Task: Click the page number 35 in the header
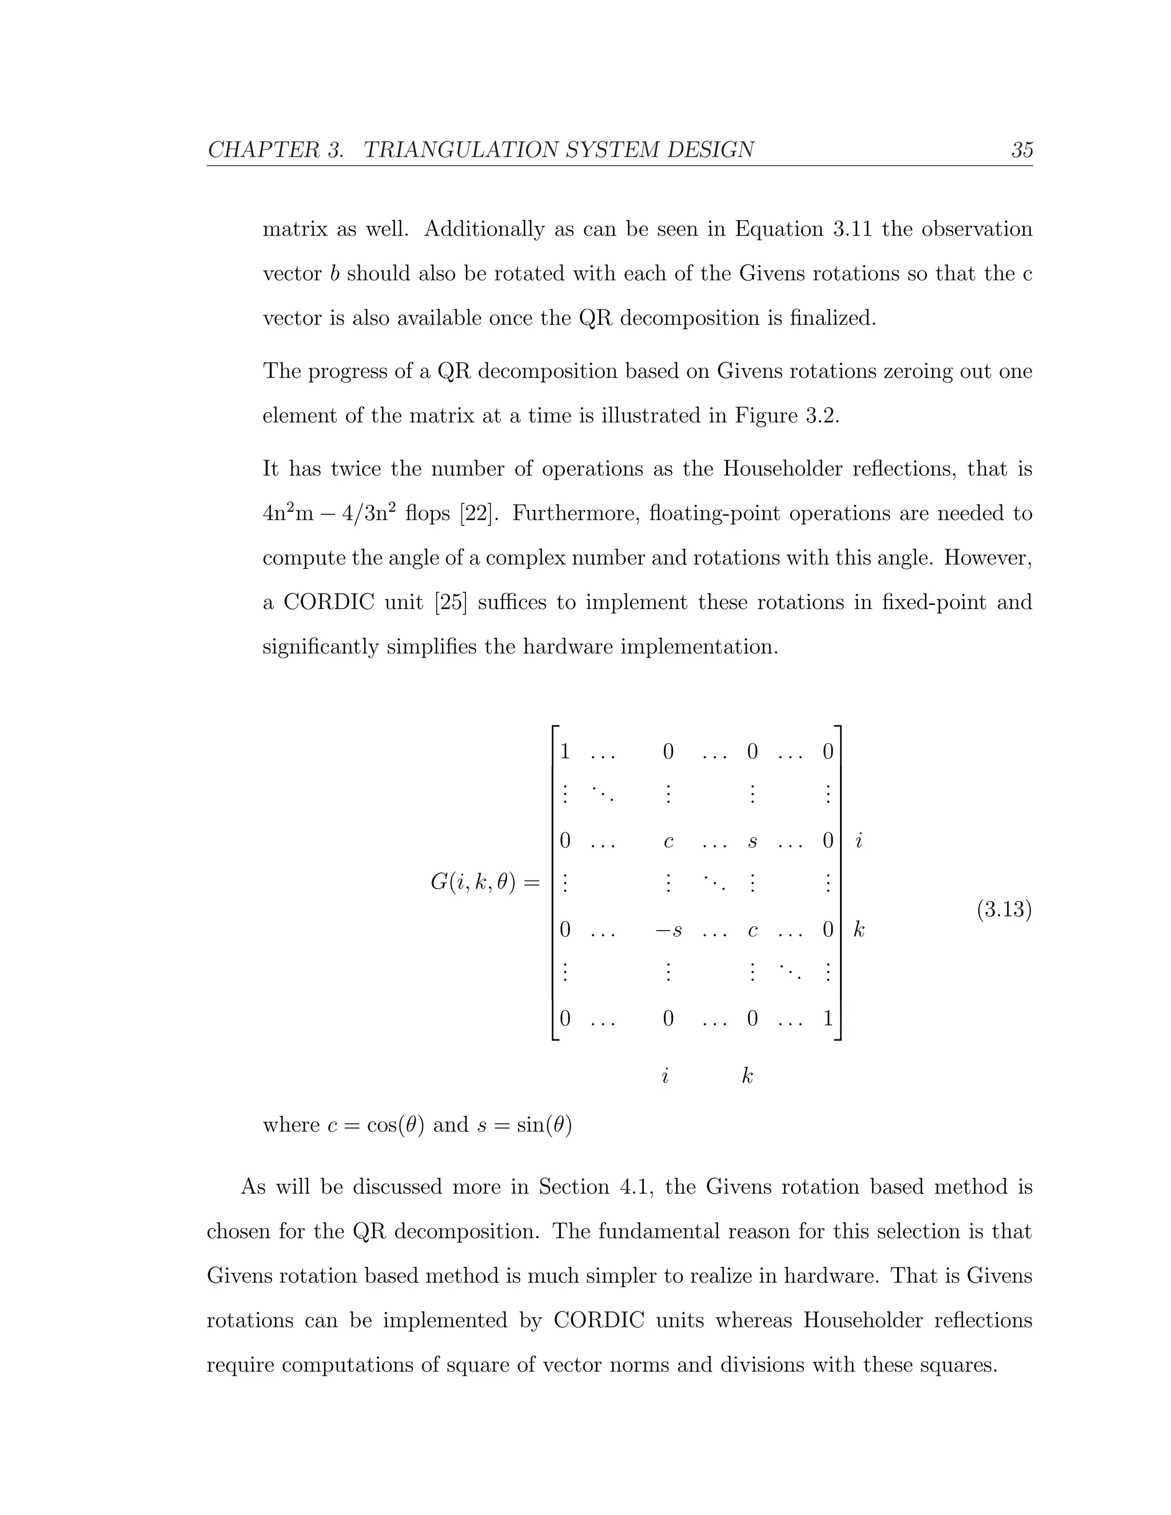(x=1022, y=150)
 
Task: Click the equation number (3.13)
(x=1004, y=909)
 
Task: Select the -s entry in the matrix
(x=668, y=930)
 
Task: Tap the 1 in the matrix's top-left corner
(x=565, y=752)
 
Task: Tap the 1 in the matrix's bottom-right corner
(x=827, y=1019)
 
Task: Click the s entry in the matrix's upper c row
(x=752, y=842)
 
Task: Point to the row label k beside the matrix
(x=859, y=930)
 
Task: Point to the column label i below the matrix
(x=664, y=1076)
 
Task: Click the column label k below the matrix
(x=747, y=1076)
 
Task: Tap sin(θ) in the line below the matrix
(x=544, y=1125)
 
